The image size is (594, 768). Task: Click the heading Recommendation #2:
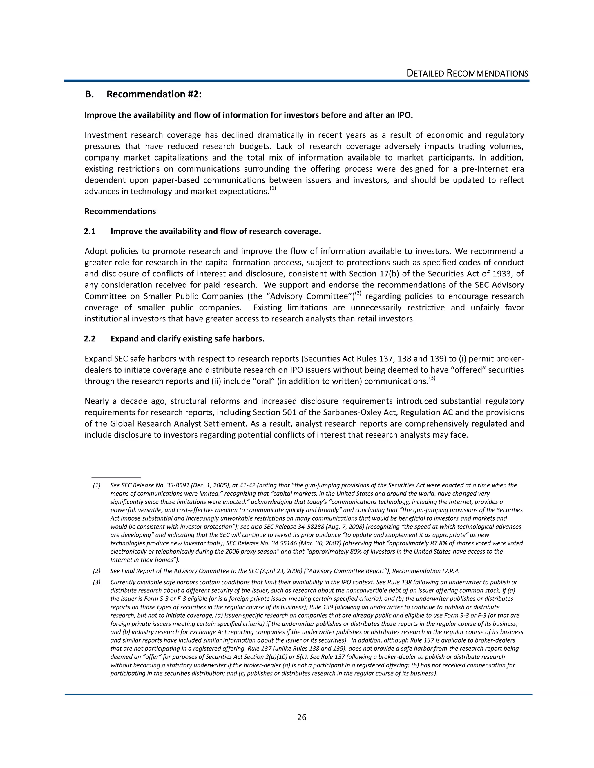tap(154, 94)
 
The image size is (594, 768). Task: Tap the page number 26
tap(302, 717)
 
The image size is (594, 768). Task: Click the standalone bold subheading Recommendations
tap(120, 211)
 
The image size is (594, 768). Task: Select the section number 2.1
tap(90, 231)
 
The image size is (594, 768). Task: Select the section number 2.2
tap(90, 338)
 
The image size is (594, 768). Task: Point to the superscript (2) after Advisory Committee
tap(358, 293)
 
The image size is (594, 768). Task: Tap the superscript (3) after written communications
tap(432, 379)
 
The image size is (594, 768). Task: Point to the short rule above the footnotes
tap(116, 478)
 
